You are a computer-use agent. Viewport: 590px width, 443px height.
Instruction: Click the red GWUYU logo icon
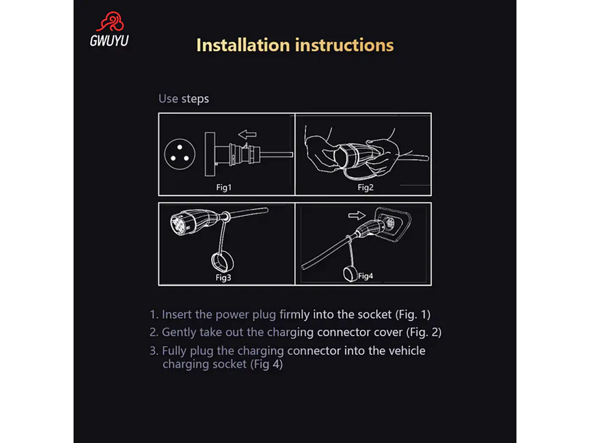coord(110,22)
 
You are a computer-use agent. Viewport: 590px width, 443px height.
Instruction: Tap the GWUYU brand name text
coord(109,41)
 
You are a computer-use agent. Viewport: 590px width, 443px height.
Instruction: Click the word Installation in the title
coord(243,45)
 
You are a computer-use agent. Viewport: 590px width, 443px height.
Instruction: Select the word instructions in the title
coord(344,45)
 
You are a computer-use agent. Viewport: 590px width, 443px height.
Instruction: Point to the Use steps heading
coord(184,99)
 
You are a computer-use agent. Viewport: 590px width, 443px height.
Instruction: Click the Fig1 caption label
coord(224,187)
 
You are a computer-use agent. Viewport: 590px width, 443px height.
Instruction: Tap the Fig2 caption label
coord(365,187)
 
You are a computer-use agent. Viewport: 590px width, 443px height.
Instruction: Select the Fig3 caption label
coord(223,278)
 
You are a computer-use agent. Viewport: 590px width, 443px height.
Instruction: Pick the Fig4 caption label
coord(365,276)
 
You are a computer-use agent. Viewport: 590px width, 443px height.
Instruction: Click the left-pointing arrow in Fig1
coord(247,134)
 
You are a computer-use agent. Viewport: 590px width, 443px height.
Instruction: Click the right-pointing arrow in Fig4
coord(357,215)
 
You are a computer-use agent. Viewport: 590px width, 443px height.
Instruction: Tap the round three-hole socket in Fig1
coord(180,154)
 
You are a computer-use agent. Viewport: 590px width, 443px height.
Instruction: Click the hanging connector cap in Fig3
coord(222,262)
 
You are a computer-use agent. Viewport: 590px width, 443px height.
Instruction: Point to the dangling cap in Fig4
coord(350,274)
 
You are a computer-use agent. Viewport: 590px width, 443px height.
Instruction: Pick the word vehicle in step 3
coord(407,351)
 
